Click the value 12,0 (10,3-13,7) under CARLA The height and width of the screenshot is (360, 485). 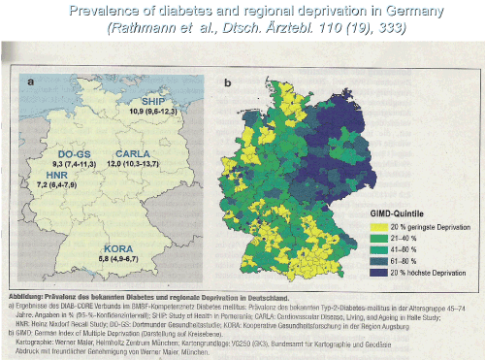point(136,165)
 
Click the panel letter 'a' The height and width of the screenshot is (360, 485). point(32,82)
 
